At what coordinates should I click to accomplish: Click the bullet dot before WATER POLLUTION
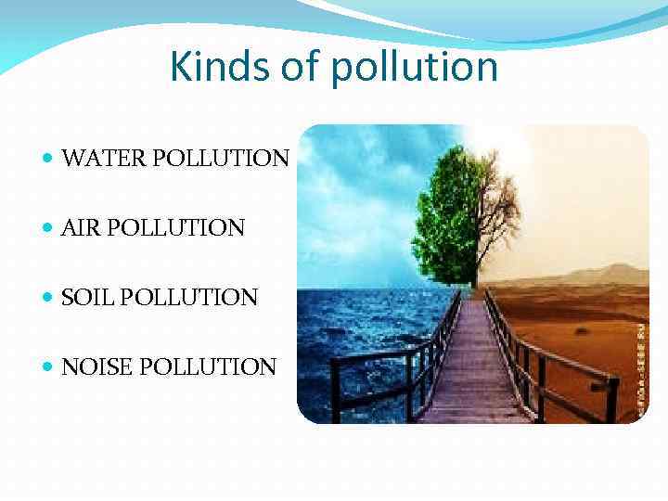(x=48, y=159)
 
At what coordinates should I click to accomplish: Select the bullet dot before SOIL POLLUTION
(x=48, y=298)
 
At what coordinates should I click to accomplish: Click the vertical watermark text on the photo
(x=639, y=356)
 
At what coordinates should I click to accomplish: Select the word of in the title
(x=296, y=66)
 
